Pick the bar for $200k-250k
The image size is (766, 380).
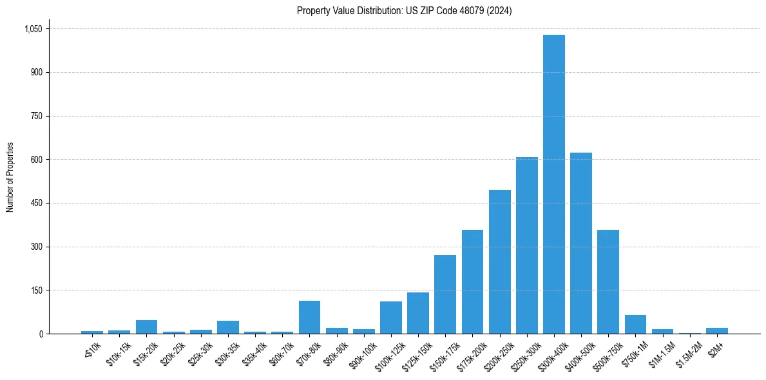[499, 262]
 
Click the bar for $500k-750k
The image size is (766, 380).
[608, 282]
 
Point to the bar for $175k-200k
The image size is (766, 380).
[472, 282]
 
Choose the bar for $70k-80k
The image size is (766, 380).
[309, 318]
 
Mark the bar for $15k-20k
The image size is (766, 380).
[146, 327]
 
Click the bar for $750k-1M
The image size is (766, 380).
[635, 325]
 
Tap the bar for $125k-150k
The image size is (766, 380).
[418, 313]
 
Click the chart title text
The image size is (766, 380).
[404, 10]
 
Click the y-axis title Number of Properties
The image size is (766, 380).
[10, 177]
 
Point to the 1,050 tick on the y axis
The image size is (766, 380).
[33, 29]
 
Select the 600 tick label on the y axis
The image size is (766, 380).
[36, 160]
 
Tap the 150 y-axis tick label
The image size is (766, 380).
[36, 290]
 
